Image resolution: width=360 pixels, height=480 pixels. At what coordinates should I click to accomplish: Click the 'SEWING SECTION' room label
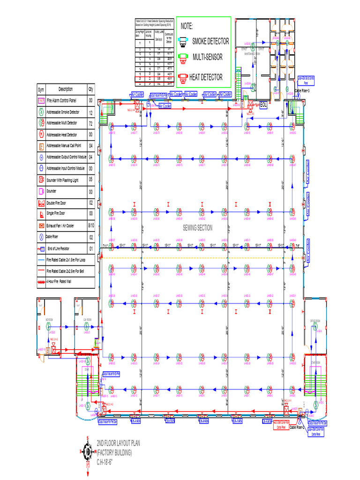(197, 228)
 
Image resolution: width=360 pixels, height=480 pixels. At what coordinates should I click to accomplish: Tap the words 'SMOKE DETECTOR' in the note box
(210, 41)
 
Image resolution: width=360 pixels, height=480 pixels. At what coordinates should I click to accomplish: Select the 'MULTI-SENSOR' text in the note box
(207, 57)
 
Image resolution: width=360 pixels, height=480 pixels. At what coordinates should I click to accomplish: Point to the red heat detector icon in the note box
(183, 77)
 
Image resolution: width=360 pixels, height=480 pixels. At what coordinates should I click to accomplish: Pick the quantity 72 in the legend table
(90, 123)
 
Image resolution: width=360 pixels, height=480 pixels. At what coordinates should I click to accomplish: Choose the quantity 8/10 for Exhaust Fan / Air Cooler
(90, 225)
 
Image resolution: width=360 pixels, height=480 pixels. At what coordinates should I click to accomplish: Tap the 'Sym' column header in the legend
(41, 90)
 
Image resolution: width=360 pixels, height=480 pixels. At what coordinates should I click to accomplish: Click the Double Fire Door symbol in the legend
(41, 202)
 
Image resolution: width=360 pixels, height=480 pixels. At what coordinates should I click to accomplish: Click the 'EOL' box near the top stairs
(263, 105)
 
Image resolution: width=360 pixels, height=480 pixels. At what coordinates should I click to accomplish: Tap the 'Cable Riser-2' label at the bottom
(298, 427)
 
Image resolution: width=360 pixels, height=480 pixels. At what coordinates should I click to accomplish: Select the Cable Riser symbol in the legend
(41, 237)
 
